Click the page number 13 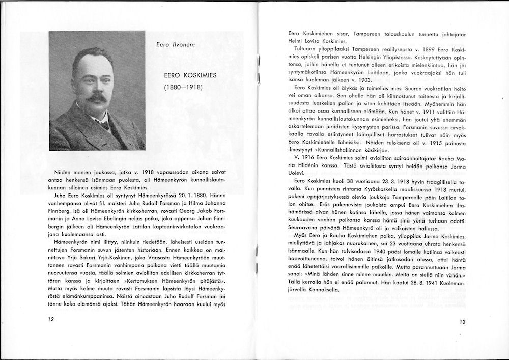coord(462,322)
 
